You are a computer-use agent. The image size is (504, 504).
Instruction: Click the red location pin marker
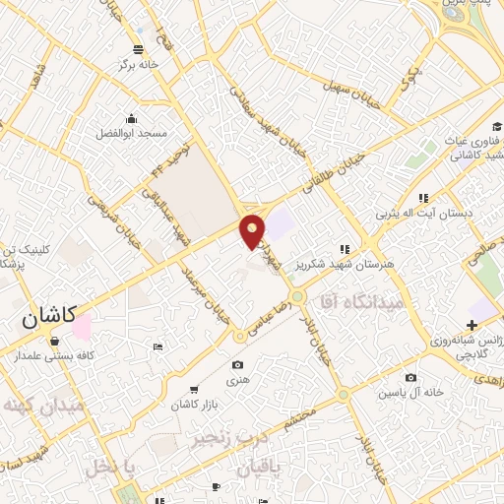(252, 230)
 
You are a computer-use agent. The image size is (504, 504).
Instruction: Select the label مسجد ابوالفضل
(131, 132)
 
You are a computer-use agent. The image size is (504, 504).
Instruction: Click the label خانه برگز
(139, 64)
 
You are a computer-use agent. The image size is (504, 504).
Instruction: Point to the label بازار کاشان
(192, 405)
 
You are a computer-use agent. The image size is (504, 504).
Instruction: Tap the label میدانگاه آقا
(362, 304)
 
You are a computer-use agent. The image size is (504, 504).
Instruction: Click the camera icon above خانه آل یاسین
(410, 377)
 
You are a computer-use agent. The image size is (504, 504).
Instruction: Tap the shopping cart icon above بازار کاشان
(193, 389)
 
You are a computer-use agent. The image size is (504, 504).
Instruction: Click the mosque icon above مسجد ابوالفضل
(131, 116)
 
